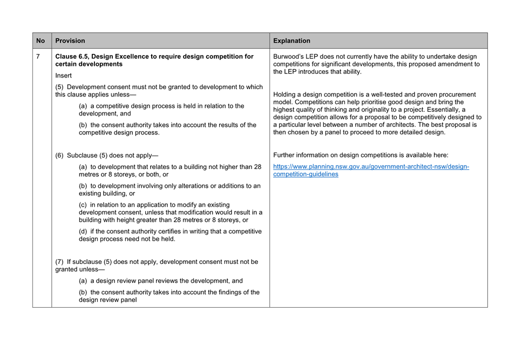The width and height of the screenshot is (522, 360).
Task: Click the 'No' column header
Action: coord(40,40)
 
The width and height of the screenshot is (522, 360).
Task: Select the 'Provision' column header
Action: coord(70,40)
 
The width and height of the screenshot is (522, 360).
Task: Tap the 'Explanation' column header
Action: coord(291,40)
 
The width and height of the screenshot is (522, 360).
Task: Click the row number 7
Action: coord(38,56)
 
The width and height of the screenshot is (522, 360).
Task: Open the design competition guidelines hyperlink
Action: coord(371,171)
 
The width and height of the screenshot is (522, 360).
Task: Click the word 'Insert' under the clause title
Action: coord(63,76)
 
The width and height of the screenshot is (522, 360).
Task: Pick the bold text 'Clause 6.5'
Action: coord(72,56)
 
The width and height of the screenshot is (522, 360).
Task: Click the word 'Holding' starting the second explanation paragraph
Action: coord(286,94)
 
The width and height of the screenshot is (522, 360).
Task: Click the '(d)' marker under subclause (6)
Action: coord(84,232)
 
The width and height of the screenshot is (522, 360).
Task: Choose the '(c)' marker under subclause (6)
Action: coord(84,205)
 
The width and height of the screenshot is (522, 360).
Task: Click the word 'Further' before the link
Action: coord(286,155)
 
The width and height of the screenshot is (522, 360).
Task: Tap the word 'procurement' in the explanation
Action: coord(457,94)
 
